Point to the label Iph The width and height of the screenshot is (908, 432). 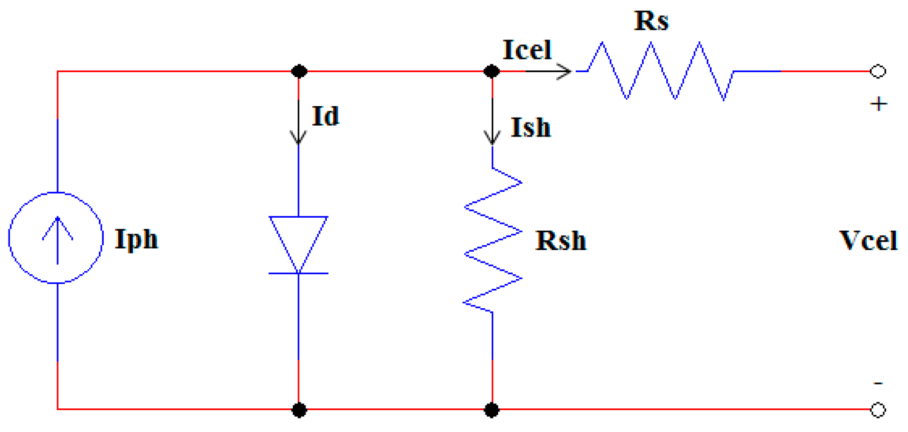point(136,240)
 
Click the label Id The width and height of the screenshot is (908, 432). point(325,116)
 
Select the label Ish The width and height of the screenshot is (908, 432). point(530,127)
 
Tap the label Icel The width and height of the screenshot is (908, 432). point(527,50)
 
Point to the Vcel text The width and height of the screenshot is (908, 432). point(867,241)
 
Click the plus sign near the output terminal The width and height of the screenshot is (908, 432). point(878,104)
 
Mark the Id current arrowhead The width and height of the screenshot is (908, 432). point(298,140)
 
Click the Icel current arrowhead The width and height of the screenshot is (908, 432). point(566,72)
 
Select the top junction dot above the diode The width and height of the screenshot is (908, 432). point(298,72)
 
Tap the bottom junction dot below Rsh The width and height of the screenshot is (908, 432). point(493,410)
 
